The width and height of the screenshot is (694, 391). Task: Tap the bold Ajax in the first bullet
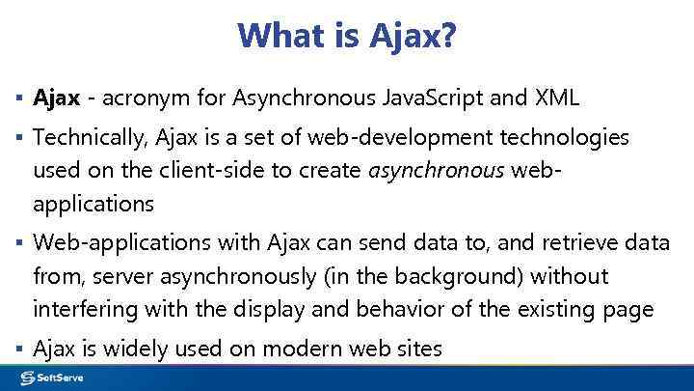(x=55, y=98)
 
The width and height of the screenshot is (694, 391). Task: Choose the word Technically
(x=89, y=138)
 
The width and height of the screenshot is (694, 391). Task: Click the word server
(x=123, y=276)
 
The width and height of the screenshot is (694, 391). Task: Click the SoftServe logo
(x=49, y=377)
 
